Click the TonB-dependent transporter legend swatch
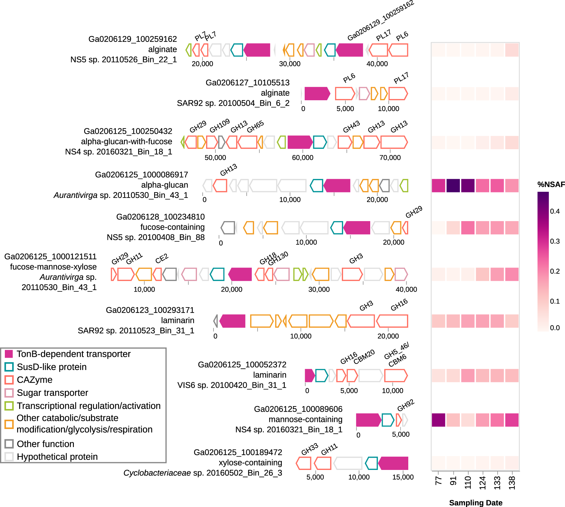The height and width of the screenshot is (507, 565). [9, 354]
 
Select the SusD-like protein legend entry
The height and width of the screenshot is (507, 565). [52, 367]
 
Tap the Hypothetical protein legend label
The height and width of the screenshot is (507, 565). [57, 457]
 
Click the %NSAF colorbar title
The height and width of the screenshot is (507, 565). [551, 184]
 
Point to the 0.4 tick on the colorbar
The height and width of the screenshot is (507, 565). [555, 211]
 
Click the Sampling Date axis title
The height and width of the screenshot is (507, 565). [476, 503]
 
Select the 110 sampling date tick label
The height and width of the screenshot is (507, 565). [468, 483]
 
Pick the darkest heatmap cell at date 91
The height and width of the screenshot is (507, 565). [453, 186]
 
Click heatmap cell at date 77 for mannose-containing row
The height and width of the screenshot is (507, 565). [439, 420]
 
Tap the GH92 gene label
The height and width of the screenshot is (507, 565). [406, 405]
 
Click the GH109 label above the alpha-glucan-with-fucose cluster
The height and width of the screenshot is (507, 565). [220, 126]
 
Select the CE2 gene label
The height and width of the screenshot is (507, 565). [162, 258]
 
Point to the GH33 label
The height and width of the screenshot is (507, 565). [310, 449]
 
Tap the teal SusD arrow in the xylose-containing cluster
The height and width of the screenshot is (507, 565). [372, 463]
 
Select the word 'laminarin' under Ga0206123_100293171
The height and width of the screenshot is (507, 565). [178, 320]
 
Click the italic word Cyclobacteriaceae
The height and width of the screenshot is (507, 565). [157, 473]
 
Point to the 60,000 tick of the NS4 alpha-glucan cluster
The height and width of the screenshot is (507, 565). [302, 158]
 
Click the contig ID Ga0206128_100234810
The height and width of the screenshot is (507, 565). [160, 217]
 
